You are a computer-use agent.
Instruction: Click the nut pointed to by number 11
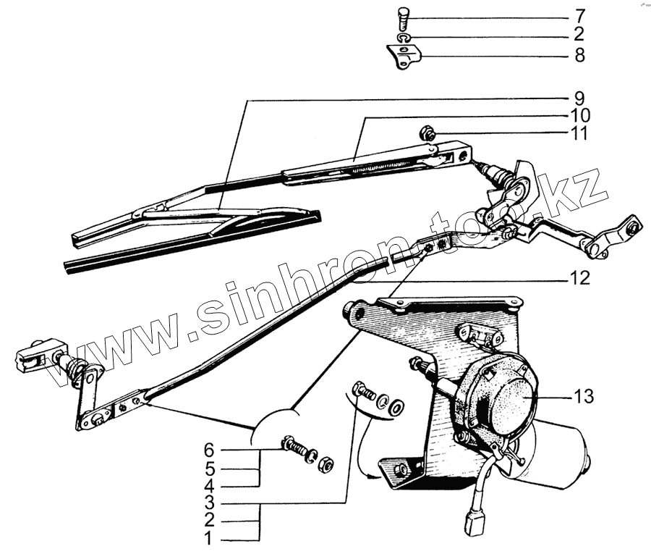tap(427, 133)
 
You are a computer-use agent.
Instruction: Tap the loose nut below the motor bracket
tap(325, 463)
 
